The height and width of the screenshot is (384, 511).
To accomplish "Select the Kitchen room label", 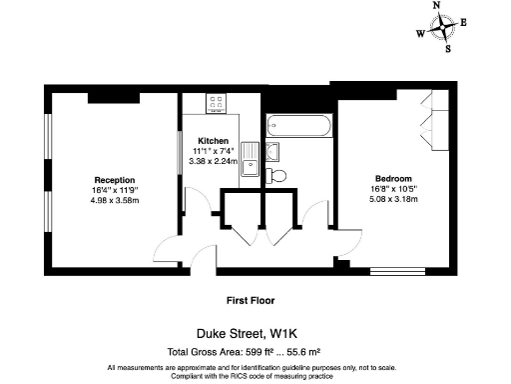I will [213, 140].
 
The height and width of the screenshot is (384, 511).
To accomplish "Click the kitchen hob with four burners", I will [218, 103].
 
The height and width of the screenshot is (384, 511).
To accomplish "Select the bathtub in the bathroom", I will [299, 128].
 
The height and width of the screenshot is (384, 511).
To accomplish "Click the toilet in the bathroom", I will [277, 175].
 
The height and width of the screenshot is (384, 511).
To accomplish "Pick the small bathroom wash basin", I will [275, 151].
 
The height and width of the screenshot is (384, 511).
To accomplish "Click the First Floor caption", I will [250, 299].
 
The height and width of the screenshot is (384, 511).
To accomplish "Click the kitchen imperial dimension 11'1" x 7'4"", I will [213, 150].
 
